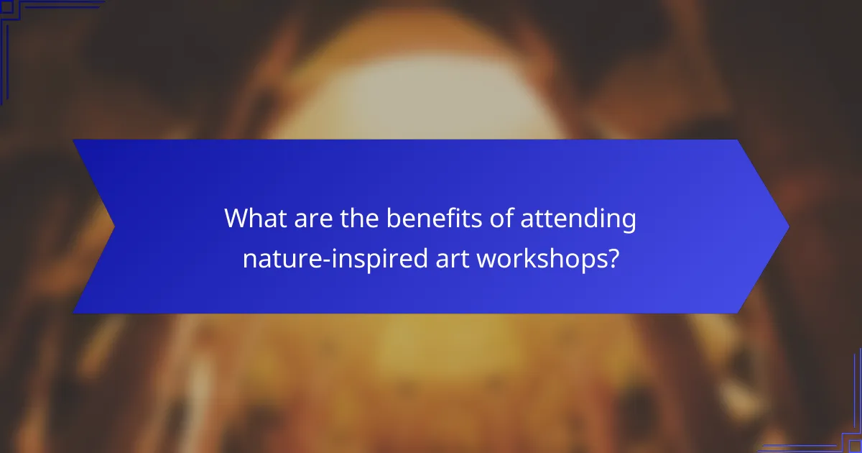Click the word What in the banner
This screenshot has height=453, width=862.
coord(256,219)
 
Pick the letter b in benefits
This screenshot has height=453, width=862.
coord(393,219)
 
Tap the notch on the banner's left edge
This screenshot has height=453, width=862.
coord(113,226)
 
